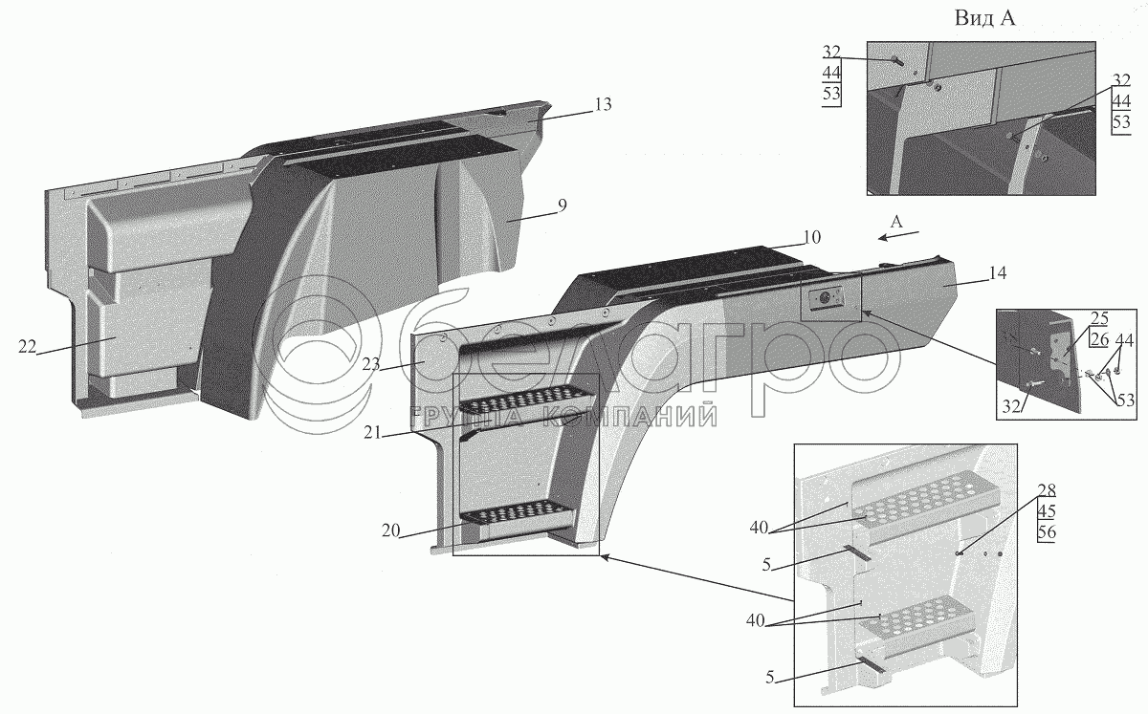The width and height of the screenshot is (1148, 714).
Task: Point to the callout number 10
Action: [812, 236]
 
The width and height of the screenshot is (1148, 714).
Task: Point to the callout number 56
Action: [1046, 532]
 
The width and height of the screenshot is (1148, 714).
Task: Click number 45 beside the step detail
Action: [1046, 512]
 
